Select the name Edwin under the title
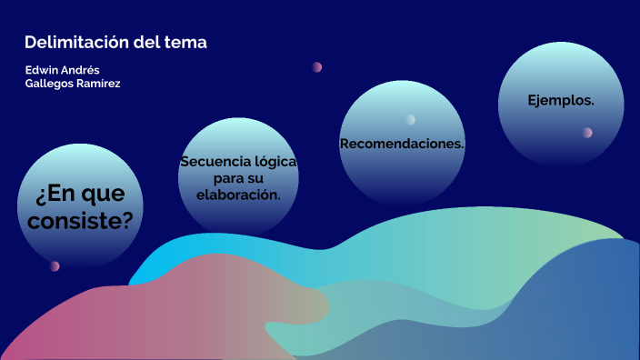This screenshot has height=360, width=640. tap(43, 70)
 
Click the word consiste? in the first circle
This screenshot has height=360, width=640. tap(81, 220)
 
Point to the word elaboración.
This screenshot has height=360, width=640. tap(238, 195)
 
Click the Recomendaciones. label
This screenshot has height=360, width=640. tap(402, 144)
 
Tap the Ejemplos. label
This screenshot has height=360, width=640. tap(561, 100)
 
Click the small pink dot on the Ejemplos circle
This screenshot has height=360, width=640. tap(587, 133)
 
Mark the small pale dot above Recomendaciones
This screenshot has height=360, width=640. tap(411, 119)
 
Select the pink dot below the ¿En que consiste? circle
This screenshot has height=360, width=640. tap(55, 266)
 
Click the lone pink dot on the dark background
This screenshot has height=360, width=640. tap(317, 66)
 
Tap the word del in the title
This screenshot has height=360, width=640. tap(145, 43)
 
